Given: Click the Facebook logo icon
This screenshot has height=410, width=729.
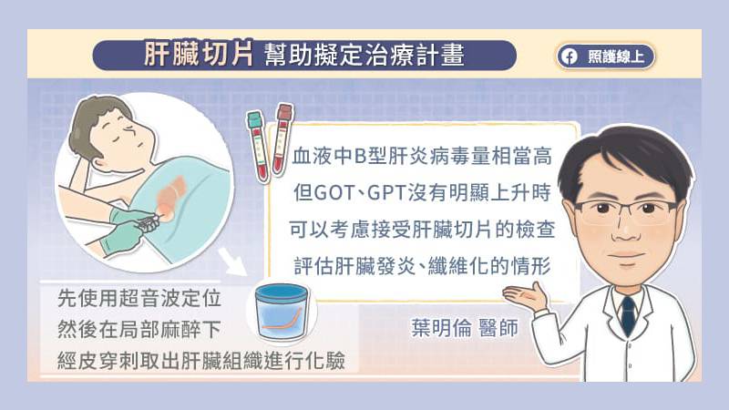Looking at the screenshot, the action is tap(569, 56).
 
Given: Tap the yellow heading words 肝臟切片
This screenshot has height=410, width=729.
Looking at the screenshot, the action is tap(199, 55).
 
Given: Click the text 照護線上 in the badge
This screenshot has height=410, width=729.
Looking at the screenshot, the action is tap(616, 56).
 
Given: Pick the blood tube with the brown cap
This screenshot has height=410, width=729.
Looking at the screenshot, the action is tap(282, 138).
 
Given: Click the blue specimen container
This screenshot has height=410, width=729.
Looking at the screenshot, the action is tap(282, 312).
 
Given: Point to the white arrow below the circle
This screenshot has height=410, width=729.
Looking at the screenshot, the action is tap(232, 261).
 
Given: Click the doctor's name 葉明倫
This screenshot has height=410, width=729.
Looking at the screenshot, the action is tap(441, 328).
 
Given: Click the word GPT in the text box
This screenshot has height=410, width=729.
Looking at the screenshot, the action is tap(387, 193).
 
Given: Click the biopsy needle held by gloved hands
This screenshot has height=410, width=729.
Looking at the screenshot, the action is tap(149, 221).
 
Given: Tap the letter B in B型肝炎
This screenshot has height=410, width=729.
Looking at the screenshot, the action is tap(360, 157).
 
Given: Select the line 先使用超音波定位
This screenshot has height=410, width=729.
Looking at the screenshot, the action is tap(139, 299).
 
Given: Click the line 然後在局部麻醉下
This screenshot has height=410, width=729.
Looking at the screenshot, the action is tap(139, 330).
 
